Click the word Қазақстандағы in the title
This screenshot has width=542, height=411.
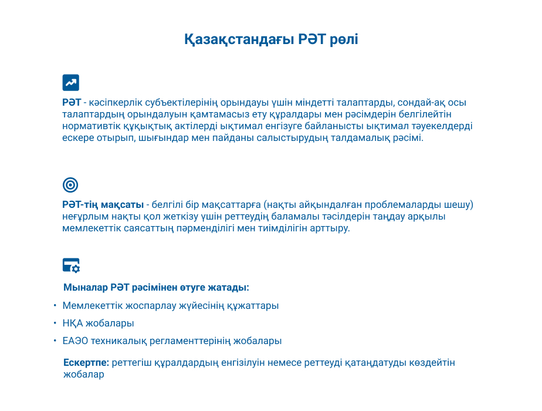click(x=239, y=39)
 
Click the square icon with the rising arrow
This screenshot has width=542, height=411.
click(x=71, y=83)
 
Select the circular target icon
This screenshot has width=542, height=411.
click(x=70, y=185)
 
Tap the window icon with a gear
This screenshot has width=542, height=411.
click(x=71, y=266)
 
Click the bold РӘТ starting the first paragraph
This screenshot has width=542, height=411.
click(x=72, y=102)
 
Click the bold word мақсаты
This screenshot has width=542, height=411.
click(x=123, y=205)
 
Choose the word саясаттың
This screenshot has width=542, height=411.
click(x=148, y=228)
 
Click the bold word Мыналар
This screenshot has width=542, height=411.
click(x=86, y=288)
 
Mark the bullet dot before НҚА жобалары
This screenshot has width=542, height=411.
click(x=55, y=323)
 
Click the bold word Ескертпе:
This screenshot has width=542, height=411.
click(x=86, y=363)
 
